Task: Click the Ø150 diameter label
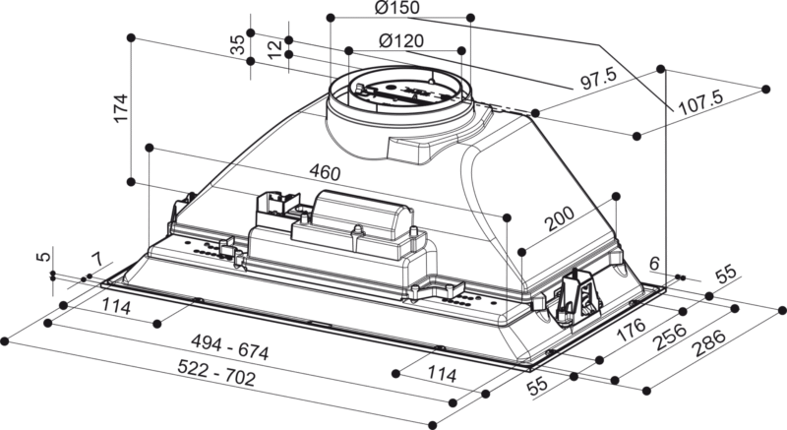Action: tap(397, 10)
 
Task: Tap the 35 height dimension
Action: tap(237, 46)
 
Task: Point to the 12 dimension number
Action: tap(274, 47)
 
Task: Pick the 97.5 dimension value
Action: tap(597, 77)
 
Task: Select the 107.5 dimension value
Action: tap(701, 98)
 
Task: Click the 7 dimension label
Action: tap(95, 261)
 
